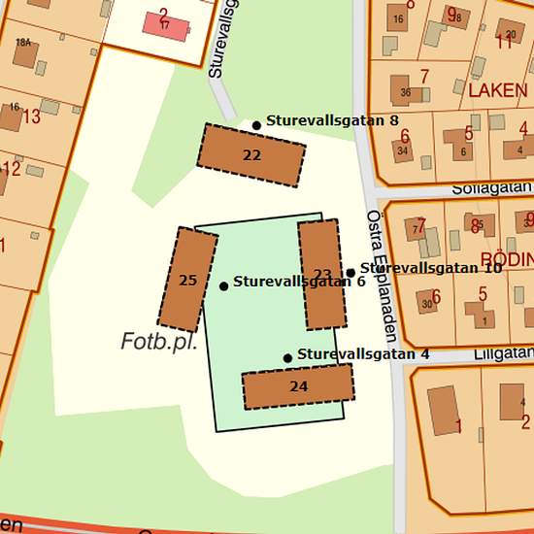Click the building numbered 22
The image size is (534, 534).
251,154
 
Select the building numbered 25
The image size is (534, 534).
187,280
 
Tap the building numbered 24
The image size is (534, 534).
298,386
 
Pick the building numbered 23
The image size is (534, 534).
322,274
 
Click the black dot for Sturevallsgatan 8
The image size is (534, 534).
256,125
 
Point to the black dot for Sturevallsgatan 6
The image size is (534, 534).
223,285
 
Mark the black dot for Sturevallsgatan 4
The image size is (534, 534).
287,358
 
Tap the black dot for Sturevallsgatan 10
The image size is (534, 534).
350,273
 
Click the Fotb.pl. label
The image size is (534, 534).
159,342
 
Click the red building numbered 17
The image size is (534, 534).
166,23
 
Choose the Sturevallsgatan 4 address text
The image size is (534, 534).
363,354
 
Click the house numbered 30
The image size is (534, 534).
427,304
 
